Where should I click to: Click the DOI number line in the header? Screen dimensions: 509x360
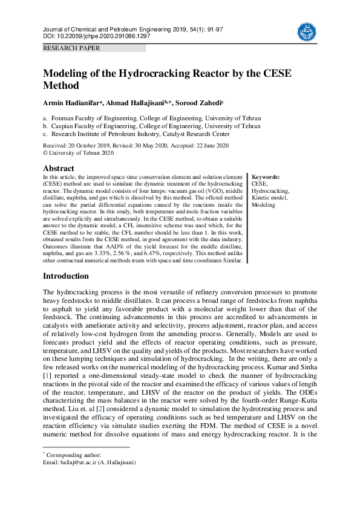pos(97,36)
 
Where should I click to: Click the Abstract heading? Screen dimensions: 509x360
pos(59,168)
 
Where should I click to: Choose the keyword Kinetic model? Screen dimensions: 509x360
pos(270,198)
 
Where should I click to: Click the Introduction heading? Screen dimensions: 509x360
pos(65,276)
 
